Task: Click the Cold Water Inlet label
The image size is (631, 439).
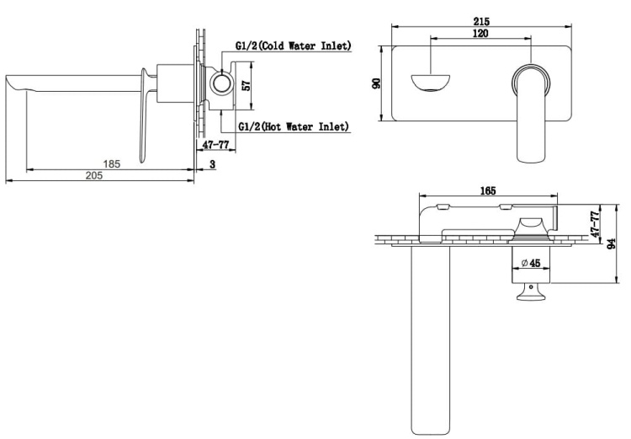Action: point(293,46)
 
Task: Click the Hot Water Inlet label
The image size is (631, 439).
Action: point(294,126)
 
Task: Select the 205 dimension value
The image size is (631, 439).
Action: point(94,175)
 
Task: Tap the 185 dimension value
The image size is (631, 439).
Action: point(111,163)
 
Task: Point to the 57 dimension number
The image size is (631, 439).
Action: point(247,85)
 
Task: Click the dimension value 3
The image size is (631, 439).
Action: point(213,164)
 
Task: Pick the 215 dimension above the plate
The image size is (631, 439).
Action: point(481,21)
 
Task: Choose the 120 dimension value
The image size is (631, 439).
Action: point(480,33)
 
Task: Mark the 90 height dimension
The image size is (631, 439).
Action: point(376,83)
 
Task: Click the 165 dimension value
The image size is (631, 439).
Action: point(488,190)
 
